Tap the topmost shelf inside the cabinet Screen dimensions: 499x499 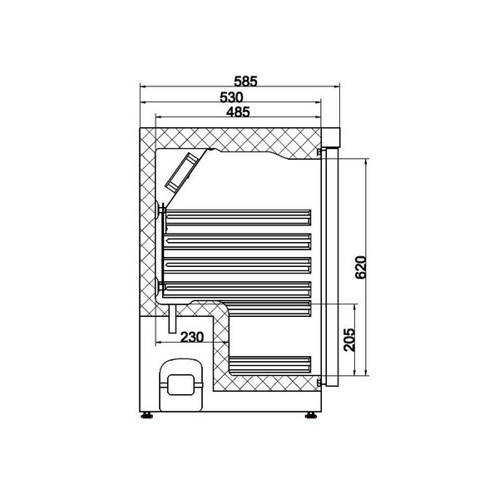coord(238,217)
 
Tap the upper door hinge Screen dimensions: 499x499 coord(319,152)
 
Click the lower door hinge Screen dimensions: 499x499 coord(319,383)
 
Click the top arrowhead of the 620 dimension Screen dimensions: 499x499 coord(365,160)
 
